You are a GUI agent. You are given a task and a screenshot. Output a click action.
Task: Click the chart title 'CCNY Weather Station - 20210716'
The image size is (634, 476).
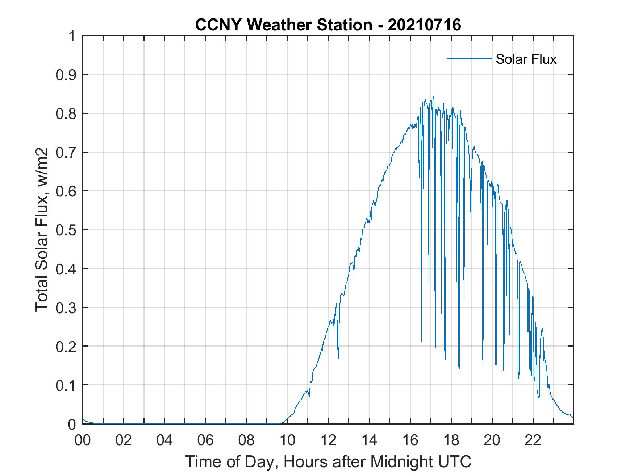(x=328, y=25)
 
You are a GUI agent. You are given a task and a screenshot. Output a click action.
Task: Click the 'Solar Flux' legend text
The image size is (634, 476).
(x=526, y=59)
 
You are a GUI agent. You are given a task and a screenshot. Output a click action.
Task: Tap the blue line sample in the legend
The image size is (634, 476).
(x=469, y=58)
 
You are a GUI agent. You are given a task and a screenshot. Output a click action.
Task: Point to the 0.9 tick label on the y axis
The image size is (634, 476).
(x=66, y=75)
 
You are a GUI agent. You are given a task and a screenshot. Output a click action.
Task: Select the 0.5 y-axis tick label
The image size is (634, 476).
(x=66, y=230)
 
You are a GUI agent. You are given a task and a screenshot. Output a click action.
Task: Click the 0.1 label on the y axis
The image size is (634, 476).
(x=66, y=385)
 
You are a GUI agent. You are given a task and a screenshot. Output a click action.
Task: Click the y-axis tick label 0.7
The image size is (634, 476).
(x=66, y=152)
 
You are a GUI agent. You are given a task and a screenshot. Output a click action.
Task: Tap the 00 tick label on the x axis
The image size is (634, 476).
(x=83, y=440)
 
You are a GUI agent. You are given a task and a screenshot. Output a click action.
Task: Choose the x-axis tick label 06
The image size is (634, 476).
(x=205, y=440)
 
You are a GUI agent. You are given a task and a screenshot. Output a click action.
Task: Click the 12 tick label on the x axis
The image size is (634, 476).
(x=328, y=440)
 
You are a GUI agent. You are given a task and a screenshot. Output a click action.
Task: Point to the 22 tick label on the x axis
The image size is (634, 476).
(x=533, y=440)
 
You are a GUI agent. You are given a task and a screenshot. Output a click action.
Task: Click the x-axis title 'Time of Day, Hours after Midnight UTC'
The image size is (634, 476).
(x=328, y=462)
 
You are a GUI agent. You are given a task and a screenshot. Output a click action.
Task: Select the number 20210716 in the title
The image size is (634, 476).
(x=424, y=25)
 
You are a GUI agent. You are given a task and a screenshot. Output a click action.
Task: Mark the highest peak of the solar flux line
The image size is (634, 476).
(x=433, y=97)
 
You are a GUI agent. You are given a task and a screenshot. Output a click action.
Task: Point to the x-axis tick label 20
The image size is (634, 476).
(x=492, y=440)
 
